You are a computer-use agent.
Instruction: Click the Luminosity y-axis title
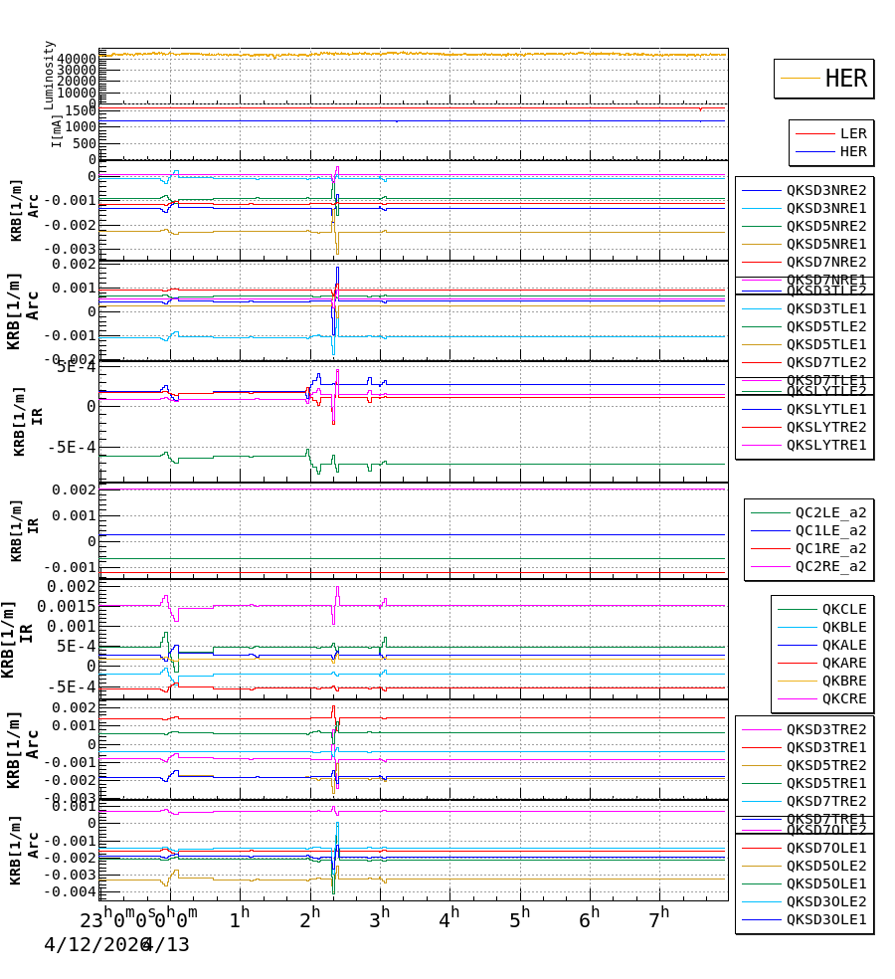(49, 75)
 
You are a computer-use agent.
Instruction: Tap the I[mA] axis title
(57, 130)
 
